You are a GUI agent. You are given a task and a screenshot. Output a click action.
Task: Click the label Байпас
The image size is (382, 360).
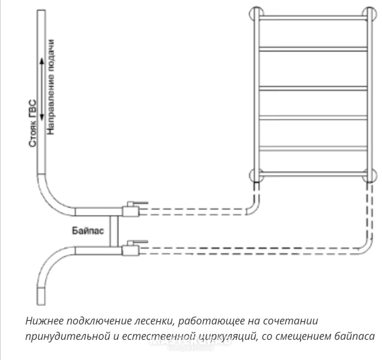tap(88, 231)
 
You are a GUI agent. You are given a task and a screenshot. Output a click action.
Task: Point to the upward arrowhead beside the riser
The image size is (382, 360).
tap(42, 62)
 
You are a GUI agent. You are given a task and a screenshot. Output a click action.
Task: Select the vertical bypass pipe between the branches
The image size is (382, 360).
tap(114, 231)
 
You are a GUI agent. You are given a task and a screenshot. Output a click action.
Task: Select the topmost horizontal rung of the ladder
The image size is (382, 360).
tap(313, 17)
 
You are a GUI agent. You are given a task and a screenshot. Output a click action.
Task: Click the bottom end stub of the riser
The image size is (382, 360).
tap(41, 296)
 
